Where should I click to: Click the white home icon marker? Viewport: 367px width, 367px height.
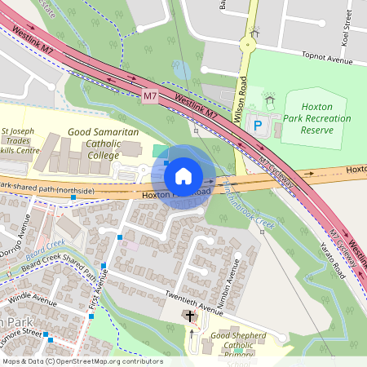[183, 175]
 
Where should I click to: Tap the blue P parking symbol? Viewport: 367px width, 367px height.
[258, 126]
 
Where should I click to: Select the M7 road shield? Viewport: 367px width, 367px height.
[149, 96]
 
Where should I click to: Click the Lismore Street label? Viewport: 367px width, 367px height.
[22, 334]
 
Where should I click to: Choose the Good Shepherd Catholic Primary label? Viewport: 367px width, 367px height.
[237, 345]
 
